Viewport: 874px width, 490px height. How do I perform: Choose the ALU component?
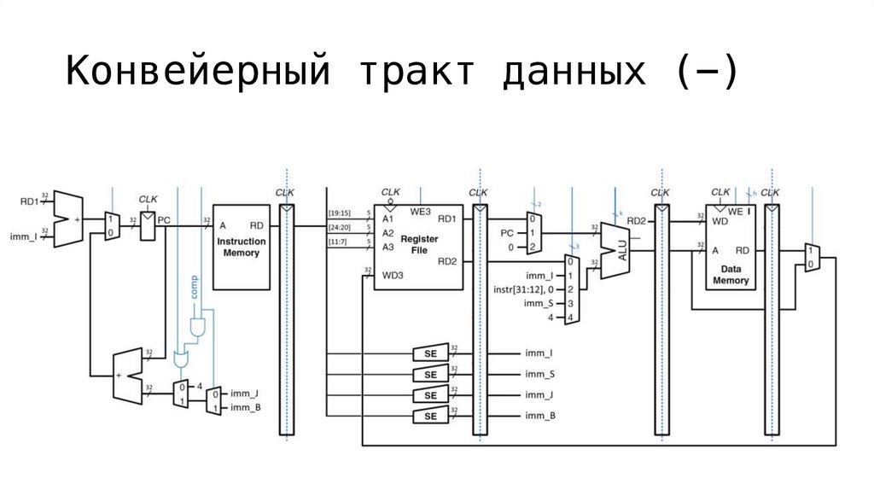[616, 250]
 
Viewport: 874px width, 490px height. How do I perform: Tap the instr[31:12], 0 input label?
[525, 289]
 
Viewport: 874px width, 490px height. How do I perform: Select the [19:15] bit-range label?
[340, 213]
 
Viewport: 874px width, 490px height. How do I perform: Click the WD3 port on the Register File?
[393, 275]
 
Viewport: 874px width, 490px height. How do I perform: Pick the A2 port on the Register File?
[387, 232]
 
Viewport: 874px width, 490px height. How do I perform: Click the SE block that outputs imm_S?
[431, 375]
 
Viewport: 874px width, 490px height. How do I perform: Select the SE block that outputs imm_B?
[431, 416]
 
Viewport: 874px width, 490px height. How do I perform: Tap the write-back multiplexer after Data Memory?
[812, 258]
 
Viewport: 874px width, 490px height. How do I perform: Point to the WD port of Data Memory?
[720, 221]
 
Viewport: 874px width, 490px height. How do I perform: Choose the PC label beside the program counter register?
[164, 220]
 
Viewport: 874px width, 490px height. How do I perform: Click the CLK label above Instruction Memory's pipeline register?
[285, 193]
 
